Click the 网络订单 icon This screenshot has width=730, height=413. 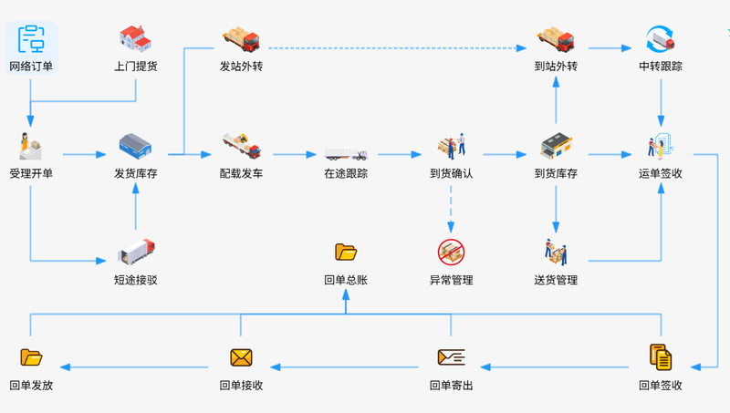pos(31,39)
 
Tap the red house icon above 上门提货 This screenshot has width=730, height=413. pos(135,38)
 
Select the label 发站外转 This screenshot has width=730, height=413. pos(241,67)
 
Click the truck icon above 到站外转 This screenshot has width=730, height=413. pos(556,39)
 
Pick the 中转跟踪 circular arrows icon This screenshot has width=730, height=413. pos(660,39)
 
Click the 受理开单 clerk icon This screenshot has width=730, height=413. pos(31,146)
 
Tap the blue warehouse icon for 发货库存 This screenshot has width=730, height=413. pos(135,146)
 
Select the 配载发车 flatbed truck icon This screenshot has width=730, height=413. pos(241,146)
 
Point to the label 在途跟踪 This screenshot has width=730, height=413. pos(346,173)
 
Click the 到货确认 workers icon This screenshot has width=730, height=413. pos(451,146)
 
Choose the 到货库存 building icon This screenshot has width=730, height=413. pos(556,146)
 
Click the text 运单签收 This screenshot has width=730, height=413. pos(660,173)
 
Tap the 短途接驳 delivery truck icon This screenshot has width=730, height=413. pos(136,252)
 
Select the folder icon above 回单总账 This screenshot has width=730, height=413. pos(346,252)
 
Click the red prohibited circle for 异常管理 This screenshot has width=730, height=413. pos(451,252)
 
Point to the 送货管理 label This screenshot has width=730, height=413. pos(556,280)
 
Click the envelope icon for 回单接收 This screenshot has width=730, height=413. pos(241,357)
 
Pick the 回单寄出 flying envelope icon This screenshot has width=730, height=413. pos(451,357)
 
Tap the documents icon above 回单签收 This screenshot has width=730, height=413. pos(661,357)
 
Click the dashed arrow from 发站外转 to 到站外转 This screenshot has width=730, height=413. pos(398,48)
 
